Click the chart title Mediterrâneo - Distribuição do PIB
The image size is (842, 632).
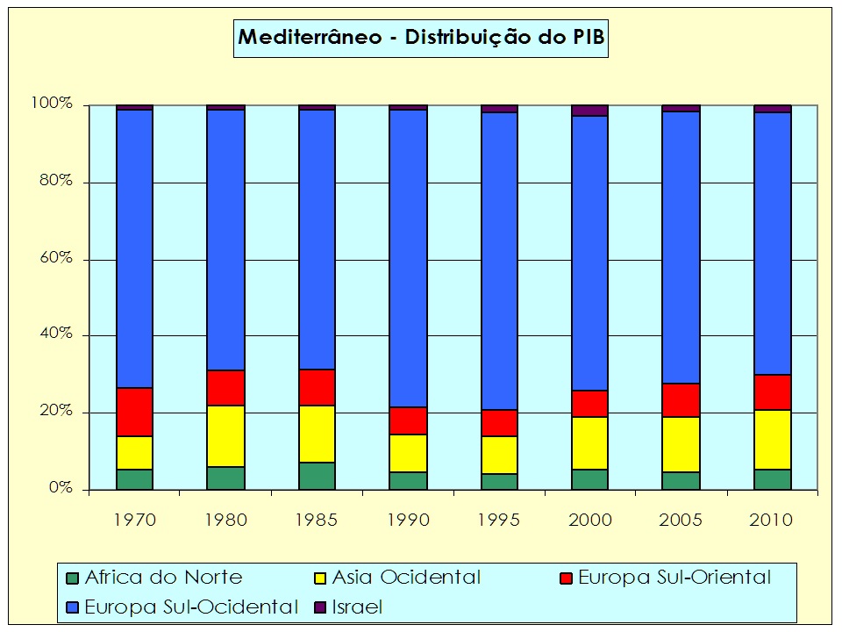(x=421, y=38)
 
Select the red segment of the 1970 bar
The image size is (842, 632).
(x=134, y=412)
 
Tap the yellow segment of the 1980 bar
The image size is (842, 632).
(x=225, y=435)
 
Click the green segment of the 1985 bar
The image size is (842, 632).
(x=317, y=475)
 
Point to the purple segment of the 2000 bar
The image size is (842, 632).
(x=589, y=111)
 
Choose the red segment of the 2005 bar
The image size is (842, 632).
(x=681, y=399)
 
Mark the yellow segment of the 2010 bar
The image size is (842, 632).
(x=772, y=439)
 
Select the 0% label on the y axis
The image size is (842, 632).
(x=59, y=489)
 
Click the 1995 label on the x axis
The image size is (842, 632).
(x=499, y=520)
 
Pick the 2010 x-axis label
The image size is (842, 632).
(x=772, y=520)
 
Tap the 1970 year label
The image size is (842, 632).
(x=134, y=520)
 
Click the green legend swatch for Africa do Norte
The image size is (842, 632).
(x=72, y=578)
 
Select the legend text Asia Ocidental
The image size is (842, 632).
(x=405, y=578)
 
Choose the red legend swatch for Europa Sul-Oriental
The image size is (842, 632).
(x=566, y=578)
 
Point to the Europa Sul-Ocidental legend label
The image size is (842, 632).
(x=191, y=607)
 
